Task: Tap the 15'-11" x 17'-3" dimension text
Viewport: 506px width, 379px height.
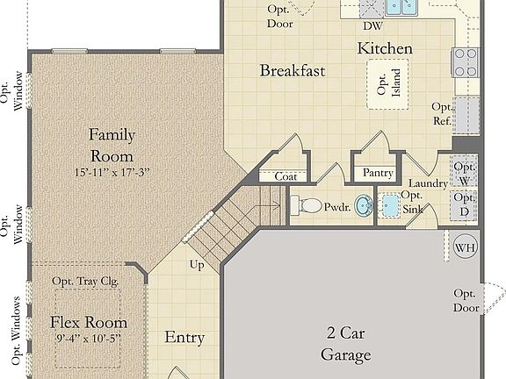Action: click(112, 173)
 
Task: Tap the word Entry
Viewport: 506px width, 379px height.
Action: click(184, 338)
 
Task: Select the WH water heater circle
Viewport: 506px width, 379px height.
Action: click(464, 247)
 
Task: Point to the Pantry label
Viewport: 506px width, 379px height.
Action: click(378, 174)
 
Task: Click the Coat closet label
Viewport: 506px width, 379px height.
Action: click(285, 176)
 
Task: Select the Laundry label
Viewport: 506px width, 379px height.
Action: click(429, 183)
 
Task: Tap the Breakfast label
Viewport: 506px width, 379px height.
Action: click(293, 70)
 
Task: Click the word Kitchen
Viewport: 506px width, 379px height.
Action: click(385, 49)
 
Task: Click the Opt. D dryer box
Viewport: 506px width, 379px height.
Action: click(465, 206)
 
